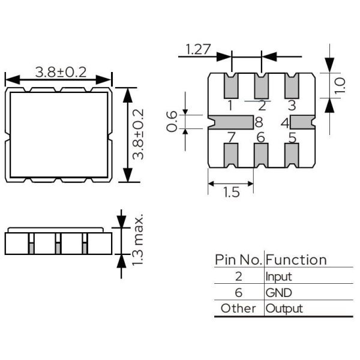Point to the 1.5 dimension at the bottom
point(230,192)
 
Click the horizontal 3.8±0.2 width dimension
point(61,72)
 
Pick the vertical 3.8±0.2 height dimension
point(139,134)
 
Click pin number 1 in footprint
point(230,106)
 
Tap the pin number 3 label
point(292,106)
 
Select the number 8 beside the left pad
point(259,122)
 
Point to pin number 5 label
point(292,137)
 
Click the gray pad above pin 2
point(261,86)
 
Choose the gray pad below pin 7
point(230,156)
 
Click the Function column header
point(296,260)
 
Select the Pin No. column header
point(238,260)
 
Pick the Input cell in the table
point(278,277)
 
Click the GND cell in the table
point(278,293)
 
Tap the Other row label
point(238,308)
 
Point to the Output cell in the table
point(284,308)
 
